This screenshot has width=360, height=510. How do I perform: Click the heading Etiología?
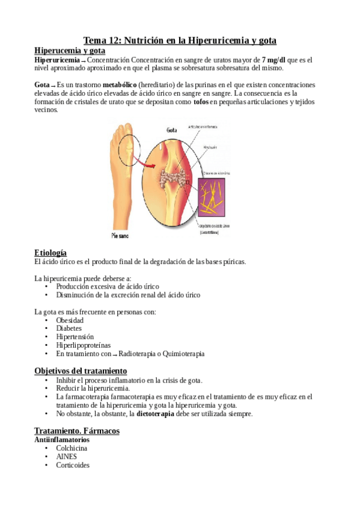point(50,253)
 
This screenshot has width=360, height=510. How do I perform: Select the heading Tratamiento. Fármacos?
point(77,431)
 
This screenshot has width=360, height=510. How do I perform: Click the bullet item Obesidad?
point(70,321)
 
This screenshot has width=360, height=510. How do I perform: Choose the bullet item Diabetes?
point(69,329)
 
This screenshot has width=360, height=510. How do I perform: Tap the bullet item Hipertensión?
point(75,337)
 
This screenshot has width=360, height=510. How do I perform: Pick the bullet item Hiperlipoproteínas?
point(82,346)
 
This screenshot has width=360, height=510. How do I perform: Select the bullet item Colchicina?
point(72,448)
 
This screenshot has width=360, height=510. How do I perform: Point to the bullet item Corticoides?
point(73,465)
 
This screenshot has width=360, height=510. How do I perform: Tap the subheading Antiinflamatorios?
point(63,440)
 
